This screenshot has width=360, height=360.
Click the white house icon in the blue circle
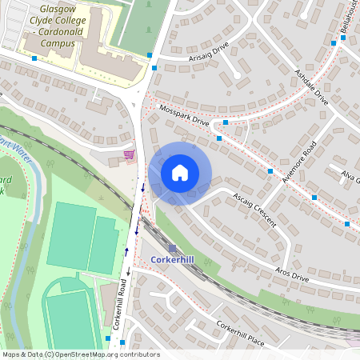(x=180, y=173)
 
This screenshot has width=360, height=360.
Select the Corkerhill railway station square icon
(x=171, y=248)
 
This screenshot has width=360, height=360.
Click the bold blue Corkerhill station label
(x=173, y=261)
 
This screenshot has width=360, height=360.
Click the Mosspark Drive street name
(x=184, y=115)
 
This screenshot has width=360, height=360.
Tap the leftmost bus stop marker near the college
(x=34, y=58)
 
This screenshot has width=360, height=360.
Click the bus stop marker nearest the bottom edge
(x=109, y=339)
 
